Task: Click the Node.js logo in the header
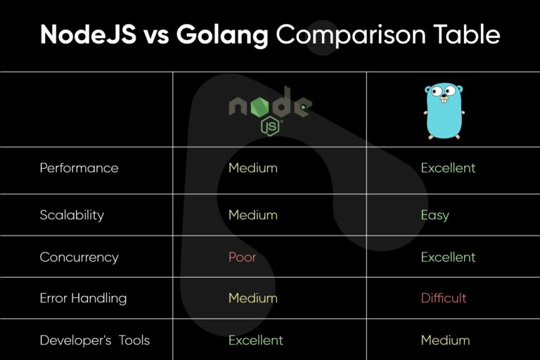[x=270, y=110]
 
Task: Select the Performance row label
[x=79, y=168]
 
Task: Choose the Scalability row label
[x=72, y=215]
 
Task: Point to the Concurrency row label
[x=79, y=257]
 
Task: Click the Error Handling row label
[x=83, y=298]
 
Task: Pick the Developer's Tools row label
[x=94, y=340]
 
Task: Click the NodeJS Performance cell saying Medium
[x=253, y=168]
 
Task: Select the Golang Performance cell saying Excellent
[x=448, y=168]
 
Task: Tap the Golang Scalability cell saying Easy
[x=435, y=215]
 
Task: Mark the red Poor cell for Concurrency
[x=243, y=257]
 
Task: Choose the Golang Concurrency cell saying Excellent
[x=448, y=257]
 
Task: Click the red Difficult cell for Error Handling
[x=444, y=298]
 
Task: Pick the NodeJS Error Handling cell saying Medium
[x=253, y=298]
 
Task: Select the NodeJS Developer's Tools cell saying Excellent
[x=256, y=340]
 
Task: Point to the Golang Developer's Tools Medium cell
[x=445, y=340]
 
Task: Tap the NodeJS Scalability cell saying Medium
[x=253, y=215]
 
